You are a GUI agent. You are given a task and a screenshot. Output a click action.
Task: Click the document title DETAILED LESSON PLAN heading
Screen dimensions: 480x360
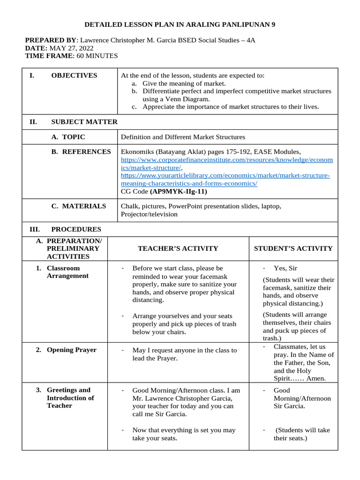180,24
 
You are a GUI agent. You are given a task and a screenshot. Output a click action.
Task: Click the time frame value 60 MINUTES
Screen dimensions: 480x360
97,56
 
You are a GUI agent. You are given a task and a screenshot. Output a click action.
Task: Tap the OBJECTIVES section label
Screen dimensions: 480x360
74,75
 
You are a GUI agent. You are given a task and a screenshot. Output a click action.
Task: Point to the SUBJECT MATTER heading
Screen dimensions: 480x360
84,122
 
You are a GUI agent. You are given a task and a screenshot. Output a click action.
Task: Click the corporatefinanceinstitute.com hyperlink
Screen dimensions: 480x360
227,164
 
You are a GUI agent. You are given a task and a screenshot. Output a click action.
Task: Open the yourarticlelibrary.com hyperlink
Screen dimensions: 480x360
225,179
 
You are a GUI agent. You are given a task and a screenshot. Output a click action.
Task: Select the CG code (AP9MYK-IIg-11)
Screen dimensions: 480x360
179,191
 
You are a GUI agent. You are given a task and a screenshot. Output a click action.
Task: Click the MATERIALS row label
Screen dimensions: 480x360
78,206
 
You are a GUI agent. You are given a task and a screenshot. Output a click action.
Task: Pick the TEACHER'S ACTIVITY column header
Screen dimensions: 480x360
178,248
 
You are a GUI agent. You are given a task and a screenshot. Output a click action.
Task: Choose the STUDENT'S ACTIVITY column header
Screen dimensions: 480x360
293,248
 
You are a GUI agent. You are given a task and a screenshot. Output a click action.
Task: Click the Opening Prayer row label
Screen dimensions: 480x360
71,350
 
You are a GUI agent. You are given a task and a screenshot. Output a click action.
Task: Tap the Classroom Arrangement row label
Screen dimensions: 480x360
67,272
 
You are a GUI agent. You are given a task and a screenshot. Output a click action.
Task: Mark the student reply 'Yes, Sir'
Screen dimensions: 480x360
285,268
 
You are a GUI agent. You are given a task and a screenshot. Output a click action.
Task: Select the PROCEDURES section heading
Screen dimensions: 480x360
76,229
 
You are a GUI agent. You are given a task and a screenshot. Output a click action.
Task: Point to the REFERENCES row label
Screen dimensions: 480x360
81,151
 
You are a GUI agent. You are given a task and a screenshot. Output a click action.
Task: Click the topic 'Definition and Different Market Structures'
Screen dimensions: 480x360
183,137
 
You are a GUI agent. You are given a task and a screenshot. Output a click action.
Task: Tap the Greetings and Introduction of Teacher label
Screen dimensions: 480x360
70,397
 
